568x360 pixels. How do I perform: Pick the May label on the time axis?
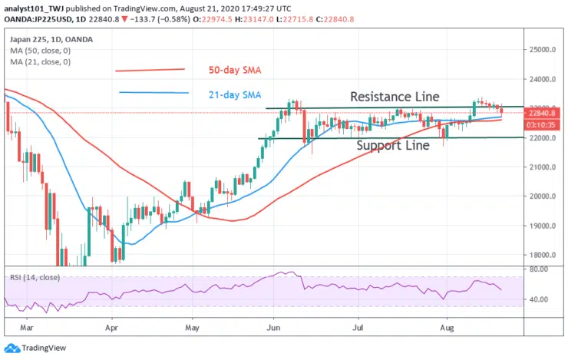[x=193, y=326]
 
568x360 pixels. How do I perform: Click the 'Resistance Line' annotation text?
[x=395, y=97]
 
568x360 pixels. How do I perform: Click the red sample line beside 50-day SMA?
[x=150, y=70]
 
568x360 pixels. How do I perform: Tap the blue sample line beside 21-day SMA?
[x=154, y=93]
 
